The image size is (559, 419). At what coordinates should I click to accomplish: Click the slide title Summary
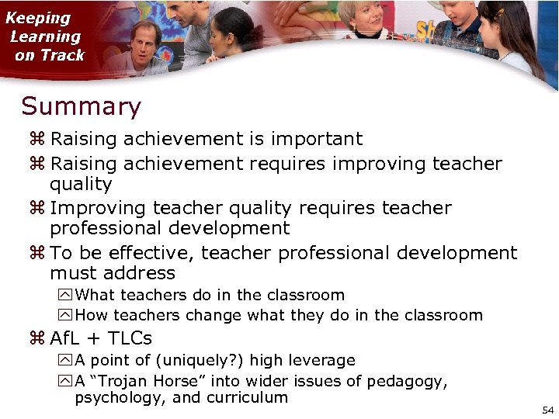[81, 106]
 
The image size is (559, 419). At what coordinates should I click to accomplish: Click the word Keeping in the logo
[38, 18]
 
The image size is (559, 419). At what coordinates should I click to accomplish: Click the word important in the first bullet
[316, 140]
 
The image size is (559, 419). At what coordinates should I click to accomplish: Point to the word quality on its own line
[81, 185]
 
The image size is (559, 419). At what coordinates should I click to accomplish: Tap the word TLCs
[130, 338]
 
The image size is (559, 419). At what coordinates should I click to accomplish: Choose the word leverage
[321, 360]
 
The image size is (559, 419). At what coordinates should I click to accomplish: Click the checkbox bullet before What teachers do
[65, 295]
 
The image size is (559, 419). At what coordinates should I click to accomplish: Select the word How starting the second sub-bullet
[92, 315]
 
